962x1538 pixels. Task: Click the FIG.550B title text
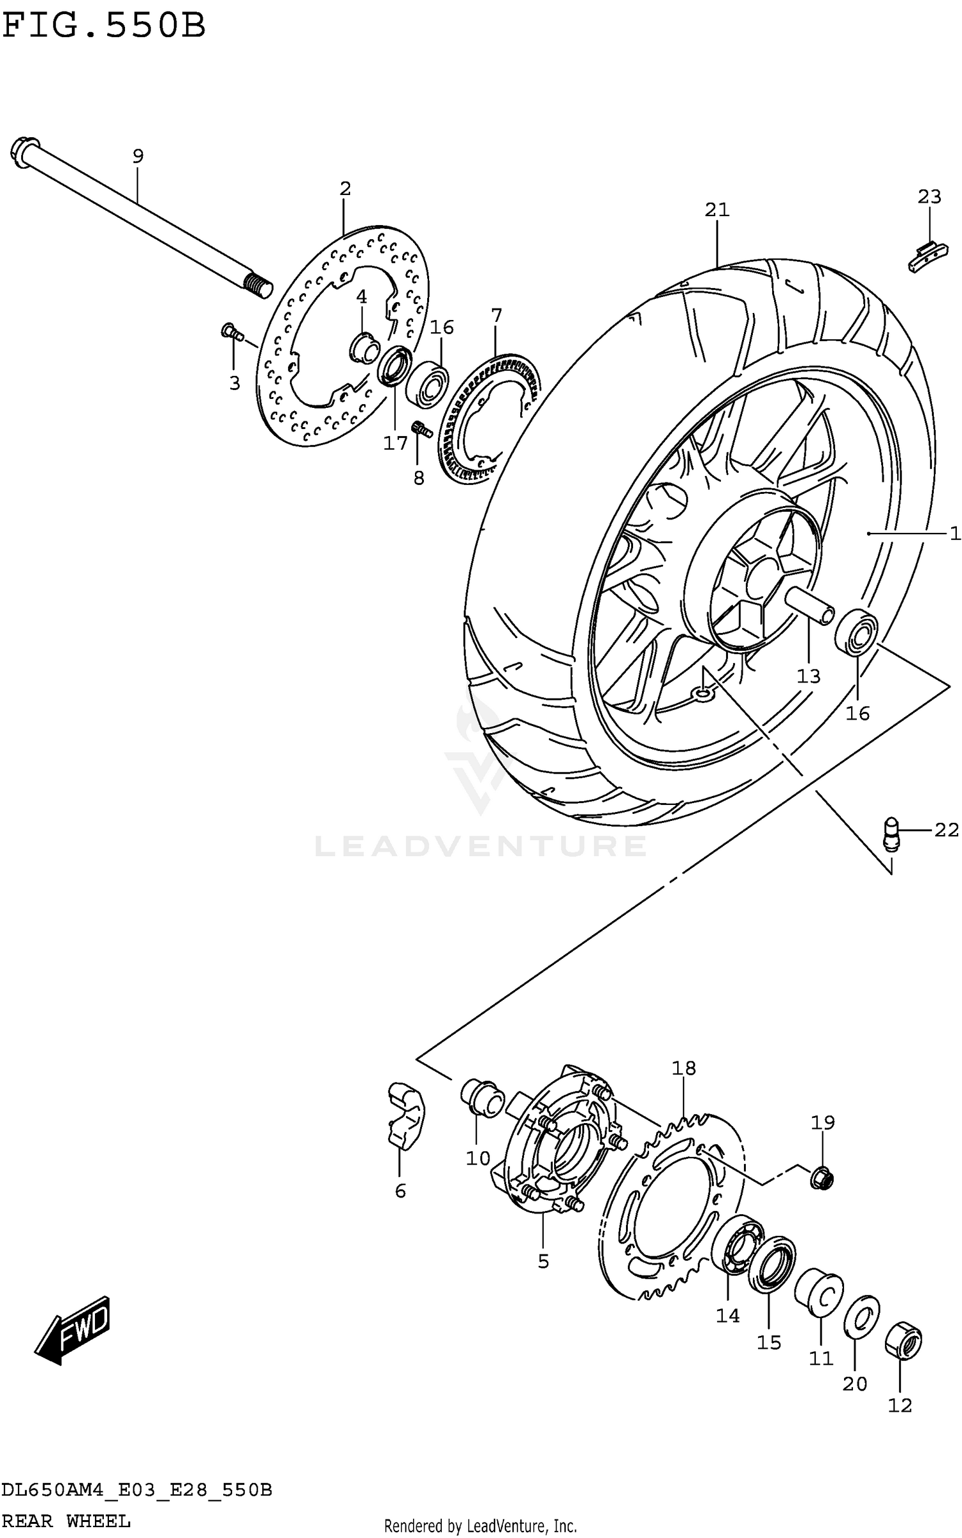tap(104, 26)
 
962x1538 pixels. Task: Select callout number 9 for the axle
tap(138, 156)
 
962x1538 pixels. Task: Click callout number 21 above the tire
tap(717, 210)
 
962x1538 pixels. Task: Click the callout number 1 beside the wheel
tap(954, 533)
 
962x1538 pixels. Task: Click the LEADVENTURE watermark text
tap(480, 846)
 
